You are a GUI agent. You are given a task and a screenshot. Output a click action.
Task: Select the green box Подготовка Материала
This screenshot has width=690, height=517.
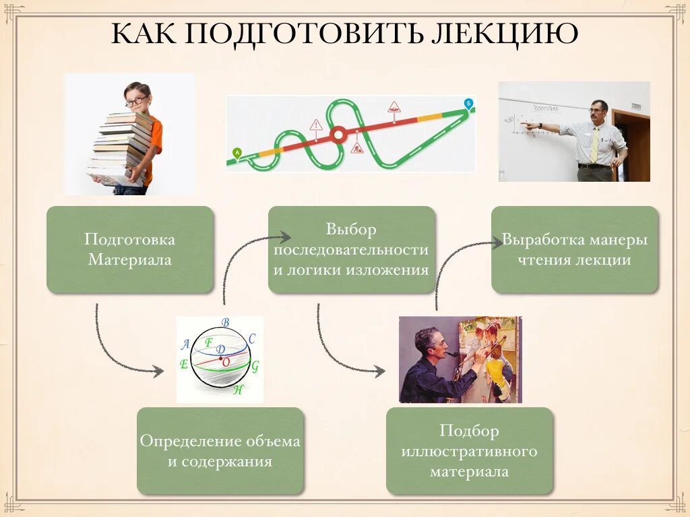click(130, 249)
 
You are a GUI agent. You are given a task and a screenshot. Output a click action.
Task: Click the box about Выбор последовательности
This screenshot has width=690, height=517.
click(351, 249)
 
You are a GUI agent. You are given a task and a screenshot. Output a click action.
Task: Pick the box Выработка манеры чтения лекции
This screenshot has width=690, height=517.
click(574, 249)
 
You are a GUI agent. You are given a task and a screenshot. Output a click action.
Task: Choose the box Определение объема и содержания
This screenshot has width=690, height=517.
click(220, 450)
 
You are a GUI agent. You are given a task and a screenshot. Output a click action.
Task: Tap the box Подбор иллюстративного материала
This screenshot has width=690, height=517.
click(469, 450)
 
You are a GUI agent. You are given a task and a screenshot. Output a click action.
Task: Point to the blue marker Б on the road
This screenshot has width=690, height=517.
click(469, 103)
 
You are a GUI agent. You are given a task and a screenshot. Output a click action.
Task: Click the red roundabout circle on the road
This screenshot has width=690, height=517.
click(339, 135)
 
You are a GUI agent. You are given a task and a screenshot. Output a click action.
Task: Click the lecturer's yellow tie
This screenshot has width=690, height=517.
click(594, 145)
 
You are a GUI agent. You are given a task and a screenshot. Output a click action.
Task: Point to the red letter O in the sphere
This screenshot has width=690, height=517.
click(226, 362)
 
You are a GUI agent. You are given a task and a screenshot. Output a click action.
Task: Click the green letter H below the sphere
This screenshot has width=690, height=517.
click(237, 390)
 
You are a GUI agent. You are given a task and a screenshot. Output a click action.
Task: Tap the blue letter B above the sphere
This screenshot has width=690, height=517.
click(225, 322)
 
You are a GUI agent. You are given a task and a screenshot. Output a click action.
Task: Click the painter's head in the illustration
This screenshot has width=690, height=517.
click(427, 342)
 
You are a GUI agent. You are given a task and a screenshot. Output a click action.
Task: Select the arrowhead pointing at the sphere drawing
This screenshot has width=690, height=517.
click(159, 371)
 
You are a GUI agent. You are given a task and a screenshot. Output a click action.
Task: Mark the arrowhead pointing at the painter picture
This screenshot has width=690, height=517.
click(381, 371)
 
